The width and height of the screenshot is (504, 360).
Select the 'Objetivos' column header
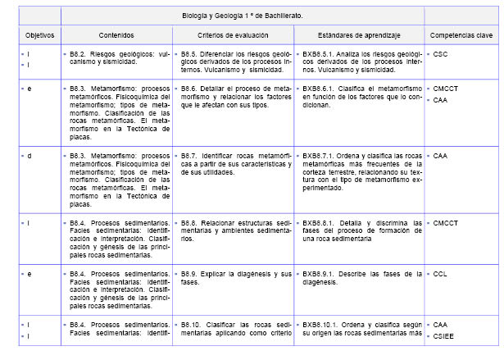pos(39,35)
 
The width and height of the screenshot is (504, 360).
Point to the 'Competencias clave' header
pos(462,35)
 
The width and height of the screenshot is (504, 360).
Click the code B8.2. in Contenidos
pos(79,54)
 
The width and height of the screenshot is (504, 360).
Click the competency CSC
pos(440,54)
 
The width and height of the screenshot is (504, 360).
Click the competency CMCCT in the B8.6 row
pos(446,87)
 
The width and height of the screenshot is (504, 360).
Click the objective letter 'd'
pos(29,154)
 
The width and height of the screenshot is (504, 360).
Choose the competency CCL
pos(440,273)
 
